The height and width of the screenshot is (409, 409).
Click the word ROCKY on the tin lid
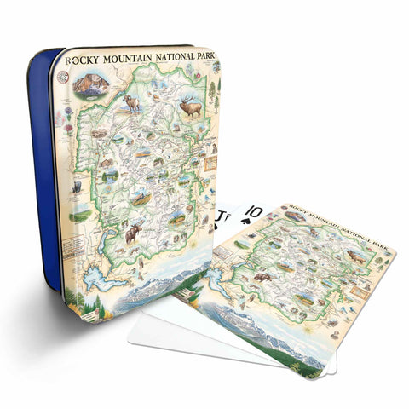coord(88,62)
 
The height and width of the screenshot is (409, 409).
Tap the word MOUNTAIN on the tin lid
coord(129,62)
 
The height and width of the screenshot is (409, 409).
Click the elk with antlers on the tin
coord(191,107)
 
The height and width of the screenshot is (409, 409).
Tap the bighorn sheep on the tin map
coord(132,103)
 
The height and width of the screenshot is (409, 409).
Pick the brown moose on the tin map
coord(134,233)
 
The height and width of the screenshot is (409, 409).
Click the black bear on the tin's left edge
coord(77,186)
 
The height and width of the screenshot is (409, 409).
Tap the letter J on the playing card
coord(222,210)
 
